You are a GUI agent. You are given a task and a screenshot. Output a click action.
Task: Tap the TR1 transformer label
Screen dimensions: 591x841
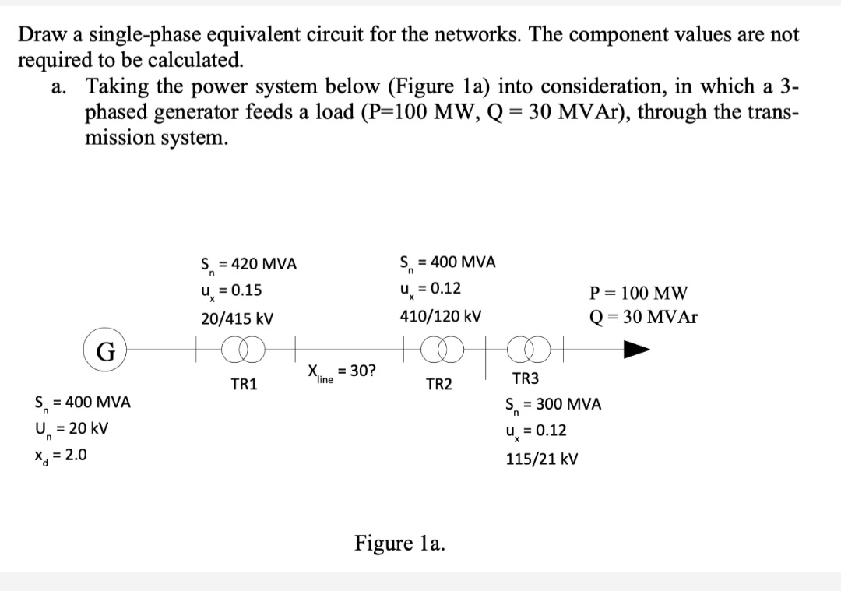pos(245,384)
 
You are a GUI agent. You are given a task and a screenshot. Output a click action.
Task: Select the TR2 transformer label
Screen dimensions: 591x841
pos(438,384)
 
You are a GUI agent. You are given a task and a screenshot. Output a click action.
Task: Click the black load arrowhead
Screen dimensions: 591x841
pos(636,350)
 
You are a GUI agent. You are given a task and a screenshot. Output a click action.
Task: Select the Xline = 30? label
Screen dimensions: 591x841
pos(340,373)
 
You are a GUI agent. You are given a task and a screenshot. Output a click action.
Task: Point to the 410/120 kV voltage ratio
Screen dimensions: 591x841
pos(440,316)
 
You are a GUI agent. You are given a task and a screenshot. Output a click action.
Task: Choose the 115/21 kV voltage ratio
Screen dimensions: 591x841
pos(542,459)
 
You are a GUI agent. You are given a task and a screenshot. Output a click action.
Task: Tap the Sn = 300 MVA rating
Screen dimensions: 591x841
pos(553,406)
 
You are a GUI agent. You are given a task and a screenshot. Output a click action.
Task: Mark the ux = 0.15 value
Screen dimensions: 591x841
pos(231,291)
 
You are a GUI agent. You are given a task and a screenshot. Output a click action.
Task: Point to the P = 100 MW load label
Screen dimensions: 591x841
pos(639,294)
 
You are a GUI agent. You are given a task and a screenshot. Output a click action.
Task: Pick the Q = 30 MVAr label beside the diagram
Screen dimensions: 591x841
pos(644,317)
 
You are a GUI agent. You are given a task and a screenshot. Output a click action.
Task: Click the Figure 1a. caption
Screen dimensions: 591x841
pos(400,542)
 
